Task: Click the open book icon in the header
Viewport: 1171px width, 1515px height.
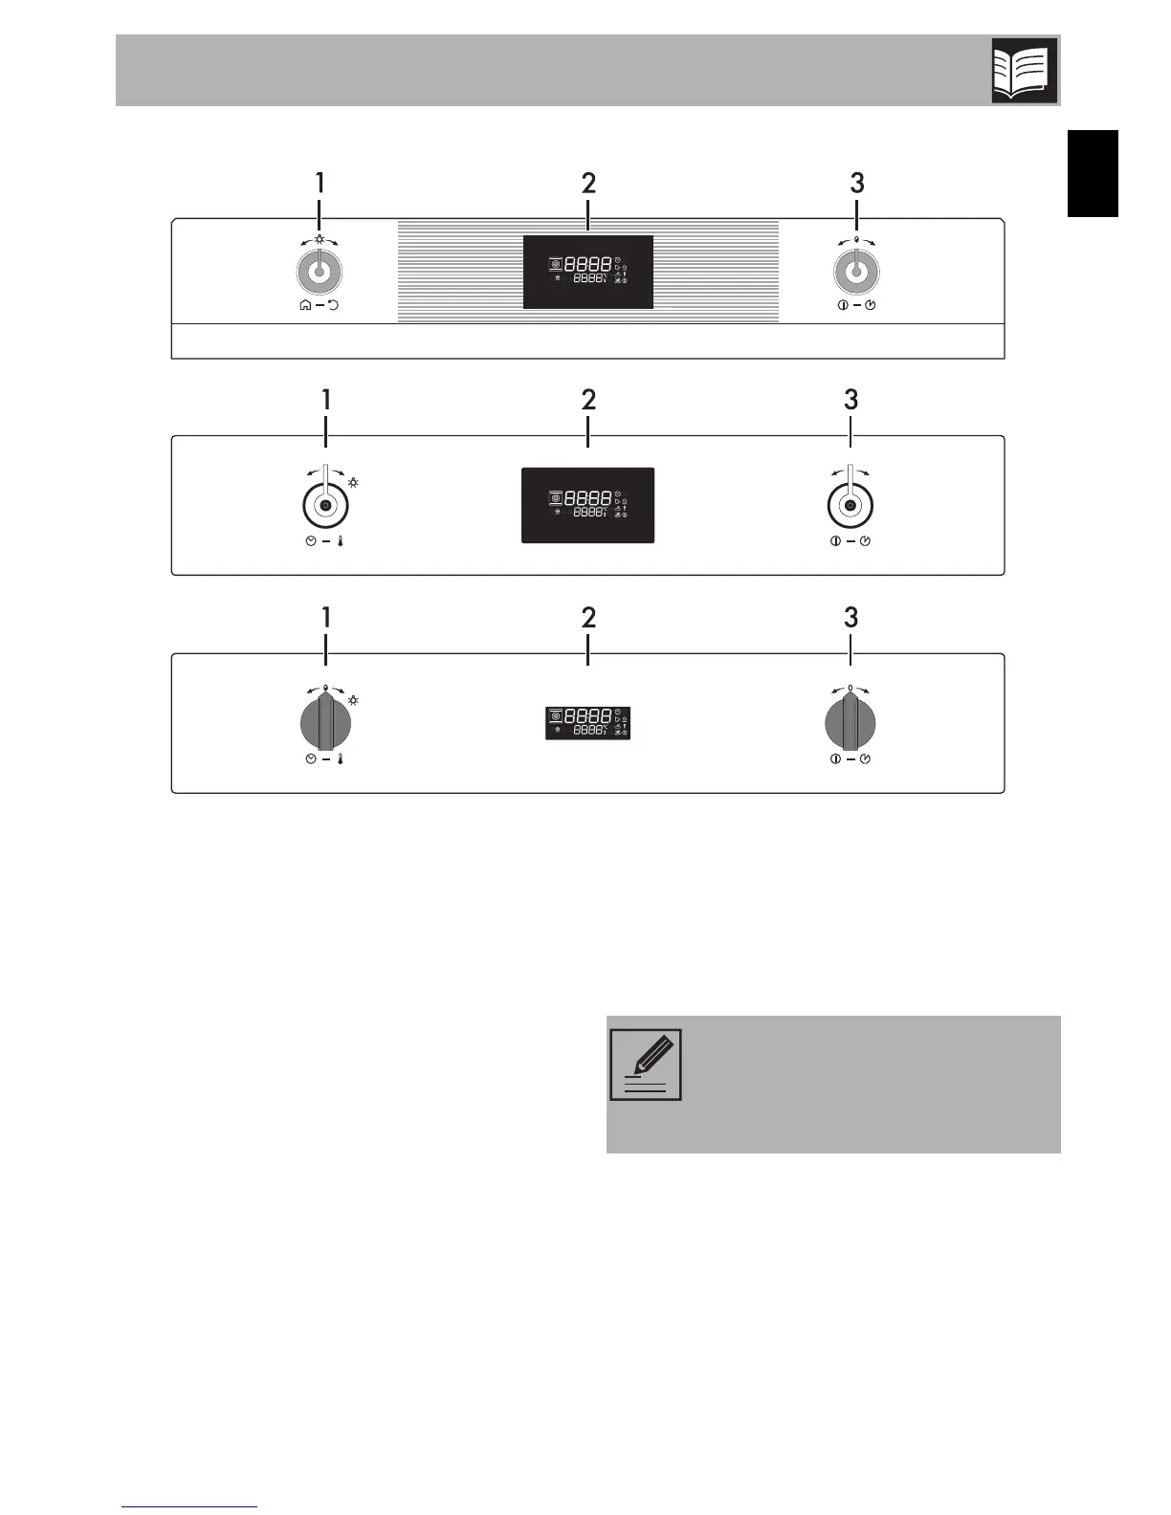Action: (x=1025, y=70)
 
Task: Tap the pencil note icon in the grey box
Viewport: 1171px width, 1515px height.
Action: (x=646, y=1065)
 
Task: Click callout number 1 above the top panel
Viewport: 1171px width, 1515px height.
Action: (x=320, y=184)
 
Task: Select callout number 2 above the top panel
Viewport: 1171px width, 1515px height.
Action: (x=588, y=184)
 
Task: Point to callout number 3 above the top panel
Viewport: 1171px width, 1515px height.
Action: (x=857, y=184)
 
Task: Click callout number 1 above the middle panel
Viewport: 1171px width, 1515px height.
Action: (x=326, y=400)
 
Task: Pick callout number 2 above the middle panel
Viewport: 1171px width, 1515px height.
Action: (x=588, y=400)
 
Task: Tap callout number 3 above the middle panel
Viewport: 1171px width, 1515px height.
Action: (x=851, y=400)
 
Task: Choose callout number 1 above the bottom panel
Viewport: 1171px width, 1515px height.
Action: (x=326, y=618)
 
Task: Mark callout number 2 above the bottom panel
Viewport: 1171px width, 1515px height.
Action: (x=588, y=618)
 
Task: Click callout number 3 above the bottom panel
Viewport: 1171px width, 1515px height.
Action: (x=851, y=618)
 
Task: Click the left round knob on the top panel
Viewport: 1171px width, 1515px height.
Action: (x=320, y=274)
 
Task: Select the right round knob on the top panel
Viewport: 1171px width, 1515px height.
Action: (x=857, y=274)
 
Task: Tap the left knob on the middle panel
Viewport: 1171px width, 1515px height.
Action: (x=326, y=505)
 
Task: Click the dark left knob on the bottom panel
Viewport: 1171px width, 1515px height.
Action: (x=326, y=723)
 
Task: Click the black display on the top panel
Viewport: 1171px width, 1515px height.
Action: (x=588, y=272)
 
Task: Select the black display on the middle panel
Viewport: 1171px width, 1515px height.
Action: (x=588, y=505)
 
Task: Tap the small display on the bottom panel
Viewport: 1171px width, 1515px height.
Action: (x=588, y=723)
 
